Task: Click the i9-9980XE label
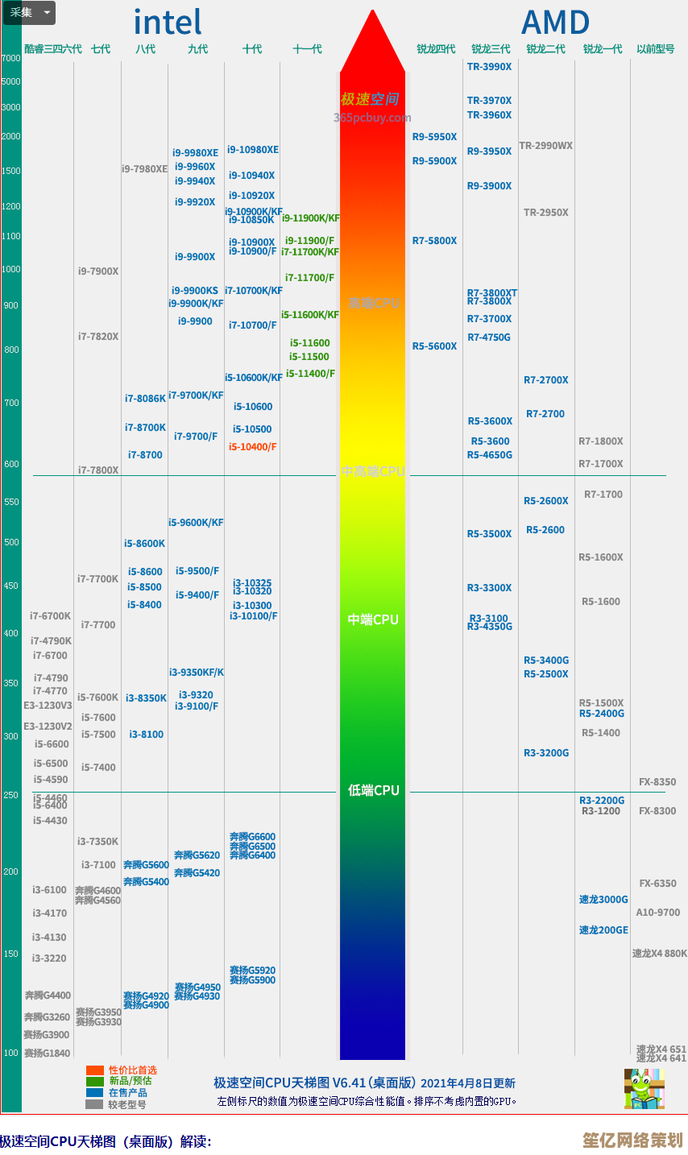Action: [195, 153]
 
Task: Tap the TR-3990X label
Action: [489, 67]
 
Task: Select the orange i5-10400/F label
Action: [252, 447]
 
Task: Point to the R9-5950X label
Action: [434, 137]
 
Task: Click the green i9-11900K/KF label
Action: [311, 218]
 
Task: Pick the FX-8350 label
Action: [657, 782]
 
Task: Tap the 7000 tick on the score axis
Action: [11, 59]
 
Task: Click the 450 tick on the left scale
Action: [11, 586]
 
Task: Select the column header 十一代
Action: [307, 49]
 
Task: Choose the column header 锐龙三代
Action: [491, 49]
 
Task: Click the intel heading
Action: [168, 23]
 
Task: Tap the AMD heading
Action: [555, 23]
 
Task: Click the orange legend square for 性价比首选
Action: [95, 1070]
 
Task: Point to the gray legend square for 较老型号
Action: [95, 1104]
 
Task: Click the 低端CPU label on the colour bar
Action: [373, 791]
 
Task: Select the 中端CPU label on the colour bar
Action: [373, 620]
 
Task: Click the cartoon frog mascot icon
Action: [644, 1089]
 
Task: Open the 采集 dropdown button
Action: [30, 13]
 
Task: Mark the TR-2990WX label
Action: [545, 146]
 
